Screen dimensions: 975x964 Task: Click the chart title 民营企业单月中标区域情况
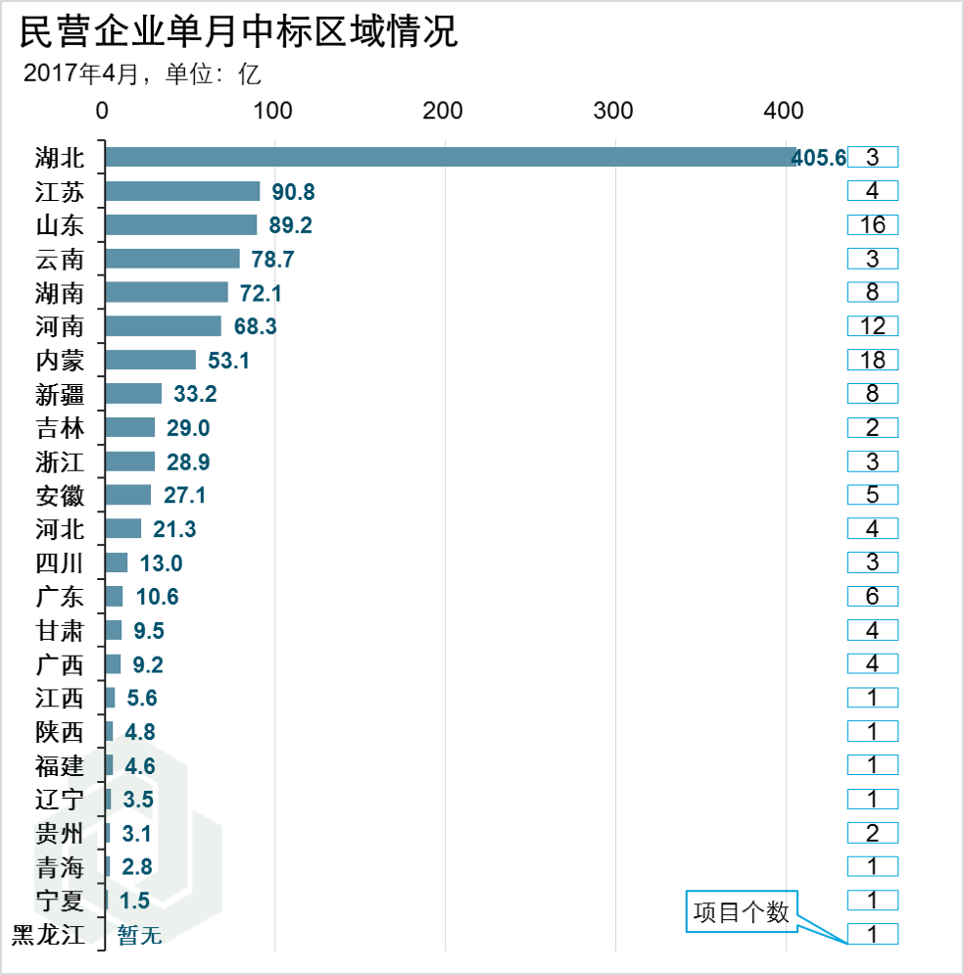coord(238,31)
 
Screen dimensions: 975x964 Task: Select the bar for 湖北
coord(450,157)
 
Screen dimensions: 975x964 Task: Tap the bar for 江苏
coord(182,191)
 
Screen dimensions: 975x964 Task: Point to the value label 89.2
coord(291,225)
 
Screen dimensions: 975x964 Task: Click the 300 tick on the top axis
coord(614,111)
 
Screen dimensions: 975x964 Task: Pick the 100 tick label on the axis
coord(272,111)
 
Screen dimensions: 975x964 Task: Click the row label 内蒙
coord(61,361)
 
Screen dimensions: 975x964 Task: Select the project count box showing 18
coord(872,361)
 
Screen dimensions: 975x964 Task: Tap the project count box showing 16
coord(872,225)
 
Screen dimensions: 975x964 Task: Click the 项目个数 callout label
coord(742,911)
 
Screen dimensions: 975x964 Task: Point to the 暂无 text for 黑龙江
coord(139,936)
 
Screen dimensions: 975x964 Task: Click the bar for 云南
coord(172,259)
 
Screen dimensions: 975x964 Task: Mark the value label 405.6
coord(818,158)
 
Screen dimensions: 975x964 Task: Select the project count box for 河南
coord(872,326)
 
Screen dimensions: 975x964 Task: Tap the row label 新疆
coord(61,394)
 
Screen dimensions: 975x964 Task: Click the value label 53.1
coord(228,361)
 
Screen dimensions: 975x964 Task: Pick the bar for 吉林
coord(129,427)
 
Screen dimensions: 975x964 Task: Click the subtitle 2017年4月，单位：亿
coord(142,73)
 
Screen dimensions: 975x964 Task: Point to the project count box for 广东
coord(872,597)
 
